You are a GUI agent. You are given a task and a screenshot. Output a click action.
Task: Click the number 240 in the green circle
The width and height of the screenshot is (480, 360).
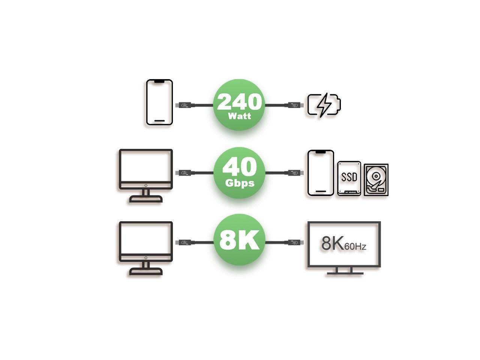coord(239,101)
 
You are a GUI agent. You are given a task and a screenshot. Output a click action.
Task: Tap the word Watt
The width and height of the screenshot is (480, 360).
coord(239,115)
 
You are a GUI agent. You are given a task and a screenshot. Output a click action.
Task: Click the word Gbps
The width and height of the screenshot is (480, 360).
coord(239,183)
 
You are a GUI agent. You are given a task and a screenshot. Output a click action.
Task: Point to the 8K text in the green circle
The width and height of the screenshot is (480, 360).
coord(239,240)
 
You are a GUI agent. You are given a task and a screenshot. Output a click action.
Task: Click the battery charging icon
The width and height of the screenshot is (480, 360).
coord(324,105)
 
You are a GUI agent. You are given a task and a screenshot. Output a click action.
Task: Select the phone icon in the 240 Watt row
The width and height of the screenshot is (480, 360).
coord(159,102)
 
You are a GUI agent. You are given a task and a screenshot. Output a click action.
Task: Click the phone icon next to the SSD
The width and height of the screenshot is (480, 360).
coord(321,173)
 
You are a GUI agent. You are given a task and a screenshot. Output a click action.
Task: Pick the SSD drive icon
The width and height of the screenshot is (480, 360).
coord(349,178)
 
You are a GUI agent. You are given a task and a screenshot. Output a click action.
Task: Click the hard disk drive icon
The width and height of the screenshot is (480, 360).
coord(376,180)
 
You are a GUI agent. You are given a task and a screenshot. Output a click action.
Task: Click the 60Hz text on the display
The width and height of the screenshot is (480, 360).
coord(355,246)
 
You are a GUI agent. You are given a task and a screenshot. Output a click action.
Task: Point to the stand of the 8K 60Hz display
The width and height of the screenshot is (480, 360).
coord(344,271)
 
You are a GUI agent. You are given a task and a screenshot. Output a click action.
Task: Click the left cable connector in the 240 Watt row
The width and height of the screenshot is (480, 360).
coord(184,105)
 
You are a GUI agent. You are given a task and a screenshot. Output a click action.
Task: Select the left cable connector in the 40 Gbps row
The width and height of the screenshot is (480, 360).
coord(184,173)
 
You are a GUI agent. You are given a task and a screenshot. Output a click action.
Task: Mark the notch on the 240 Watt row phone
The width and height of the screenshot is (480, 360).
coord(159,81)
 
